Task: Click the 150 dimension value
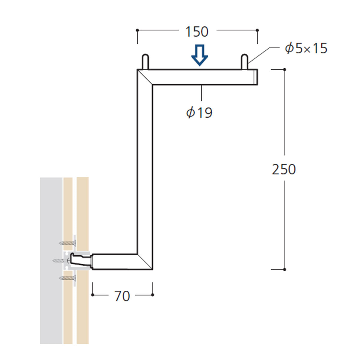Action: coord(197,32)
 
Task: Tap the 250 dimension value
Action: coord(284,169)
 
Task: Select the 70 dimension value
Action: coord(122,296)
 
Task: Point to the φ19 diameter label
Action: coord(199,113)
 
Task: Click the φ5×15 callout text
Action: coord(306,48)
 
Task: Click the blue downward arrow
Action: coord(199,55)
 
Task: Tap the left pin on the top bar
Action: coord(145,62)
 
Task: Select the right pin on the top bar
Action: coord(244,62)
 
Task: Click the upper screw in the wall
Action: coord(67,243)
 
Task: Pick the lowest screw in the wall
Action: coord(67,278)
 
